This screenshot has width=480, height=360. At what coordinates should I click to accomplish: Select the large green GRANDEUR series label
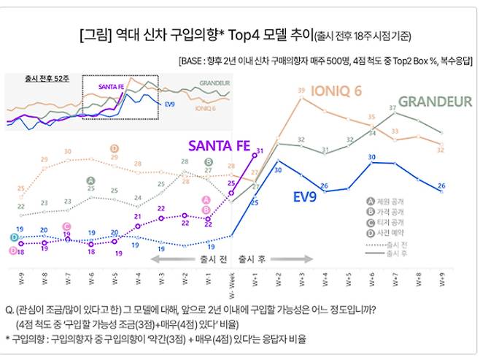435,102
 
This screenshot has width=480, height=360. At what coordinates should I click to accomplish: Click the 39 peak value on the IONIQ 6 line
301,91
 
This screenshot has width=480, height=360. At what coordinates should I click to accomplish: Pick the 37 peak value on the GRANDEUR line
393,107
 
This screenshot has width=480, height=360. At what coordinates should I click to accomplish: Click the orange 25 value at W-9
20,188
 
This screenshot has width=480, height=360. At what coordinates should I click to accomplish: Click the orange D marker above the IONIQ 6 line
115,148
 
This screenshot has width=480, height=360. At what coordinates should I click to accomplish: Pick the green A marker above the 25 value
90,180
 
